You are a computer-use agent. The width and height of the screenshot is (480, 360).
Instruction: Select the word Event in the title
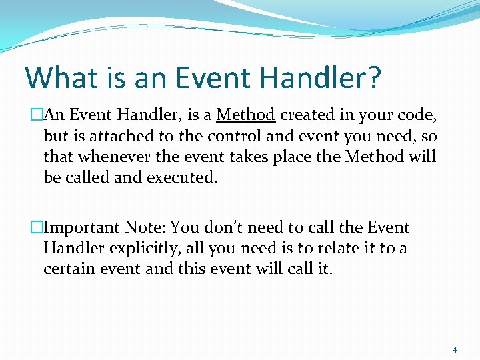(215, 78)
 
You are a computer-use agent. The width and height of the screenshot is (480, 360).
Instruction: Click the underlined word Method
(245, 115)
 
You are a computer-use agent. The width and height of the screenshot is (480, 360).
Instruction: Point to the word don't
(227, 227)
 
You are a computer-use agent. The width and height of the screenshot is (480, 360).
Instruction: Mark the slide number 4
(453, 349)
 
